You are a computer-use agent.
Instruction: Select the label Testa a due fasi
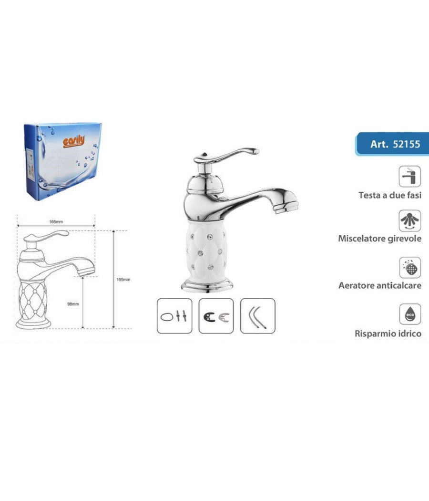pyautogui.click(x=390, y=195)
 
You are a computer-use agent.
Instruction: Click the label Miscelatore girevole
pyautogui.click(x=380, y=238)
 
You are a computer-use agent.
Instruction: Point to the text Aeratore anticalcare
pyautogui.click(x=380, y=285)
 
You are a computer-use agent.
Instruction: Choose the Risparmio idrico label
pyautogui.click(x=388, y=333)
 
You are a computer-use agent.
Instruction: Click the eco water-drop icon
pyautogui.click(x=410, y=314)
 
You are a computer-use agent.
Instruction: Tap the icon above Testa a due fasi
pyautogui.click(x=410, y=176)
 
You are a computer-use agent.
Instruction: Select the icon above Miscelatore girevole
pyautogui.click(x=410, y=220)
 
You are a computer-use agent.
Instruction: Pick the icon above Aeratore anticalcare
pyautogui.click(x=410, y=267)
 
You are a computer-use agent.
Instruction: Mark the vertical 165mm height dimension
pyautogui.click(x=123, y=280)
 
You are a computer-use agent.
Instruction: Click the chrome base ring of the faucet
pyautogui.click(x=207, y=286)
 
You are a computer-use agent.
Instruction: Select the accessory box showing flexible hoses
pyautogui.click(x=258, y=316)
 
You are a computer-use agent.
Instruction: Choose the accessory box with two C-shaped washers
pyautogui.click(x=216, y=316)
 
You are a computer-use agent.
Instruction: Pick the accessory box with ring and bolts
pyautogui.click(x=174, y=316)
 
